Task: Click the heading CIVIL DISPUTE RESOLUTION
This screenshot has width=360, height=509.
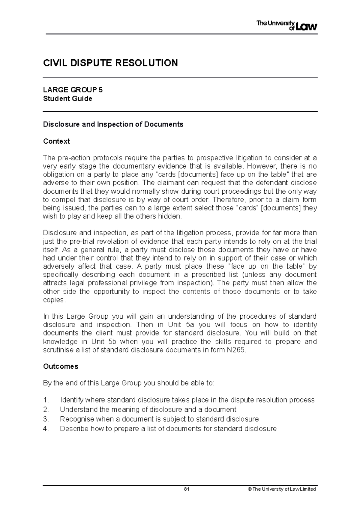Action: click(110, 63)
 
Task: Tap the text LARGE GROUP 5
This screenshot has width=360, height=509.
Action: click(73, 90)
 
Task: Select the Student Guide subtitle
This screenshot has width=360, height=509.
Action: click(67, 99)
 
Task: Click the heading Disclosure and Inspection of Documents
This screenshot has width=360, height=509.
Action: click(113, 124)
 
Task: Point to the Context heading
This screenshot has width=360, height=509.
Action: click(56, 141)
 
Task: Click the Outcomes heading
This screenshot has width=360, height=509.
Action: click(61, 366)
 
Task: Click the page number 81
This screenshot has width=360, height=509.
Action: click(187, 489)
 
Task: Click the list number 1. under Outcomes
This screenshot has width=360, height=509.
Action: click(46, 400)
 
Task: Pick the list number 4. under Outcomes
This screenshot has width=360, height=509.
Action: click(46, 429)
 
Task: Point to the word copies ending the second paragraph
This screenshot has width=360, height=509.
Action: click(53, 300)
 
